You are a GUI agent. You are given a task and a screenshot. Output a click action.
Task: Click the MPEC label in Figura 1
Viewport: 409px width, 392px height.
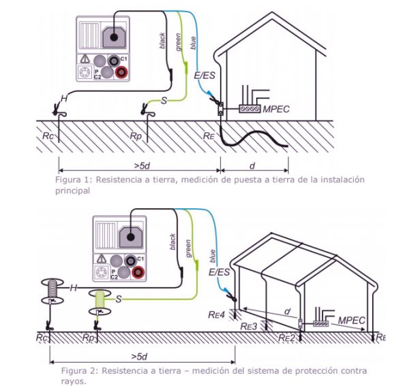296,108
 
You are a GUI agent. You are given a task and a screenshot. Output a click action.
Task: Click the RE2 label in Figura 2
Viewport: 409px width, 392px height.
287,336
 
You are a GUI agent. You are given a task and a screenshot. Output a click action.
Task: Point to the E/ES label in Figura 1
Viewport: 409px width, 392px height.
203,77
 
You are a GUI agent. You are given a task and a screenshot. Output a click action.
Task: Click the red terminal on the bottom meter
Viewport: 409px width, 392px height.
138,272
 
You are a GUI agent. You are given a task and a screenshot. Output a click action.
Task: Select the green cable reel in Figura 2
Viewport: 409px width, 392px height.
100,298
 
